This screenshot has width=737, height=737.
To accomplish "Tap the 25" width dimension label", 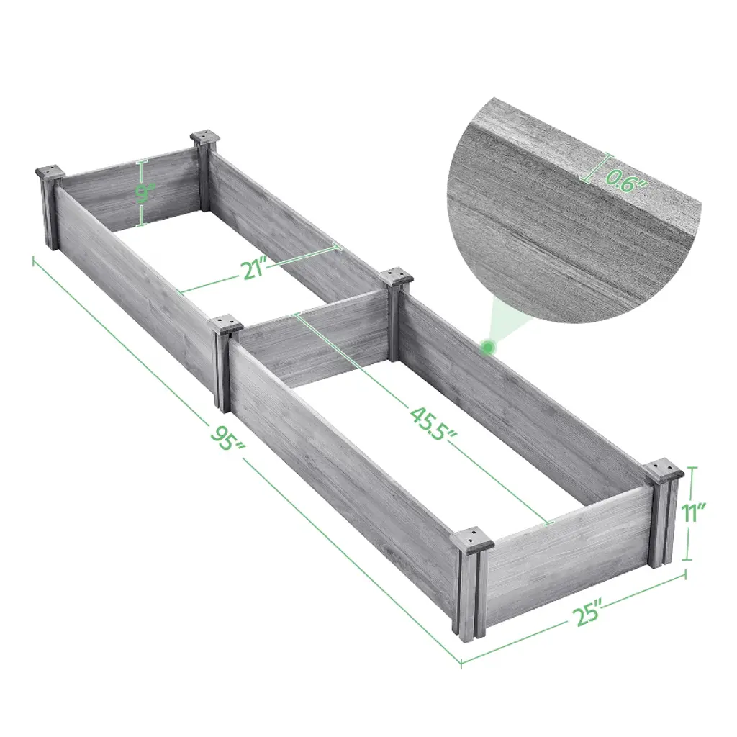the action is (x=587, y=613).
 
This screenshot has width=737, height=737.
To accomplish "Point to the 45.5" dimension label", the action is (x=433, y=424).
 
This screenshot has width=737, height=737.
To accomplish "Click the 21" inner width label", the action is (x=255, y=271).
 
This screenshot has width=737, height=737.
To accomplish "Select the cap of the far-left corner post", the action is (x=50, y=172).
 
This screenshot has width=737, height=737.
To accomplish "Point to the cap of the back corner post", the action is (x=205, y=138).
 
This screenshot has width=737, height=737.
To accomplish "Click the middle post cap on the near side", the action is (x=226, y=325).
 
